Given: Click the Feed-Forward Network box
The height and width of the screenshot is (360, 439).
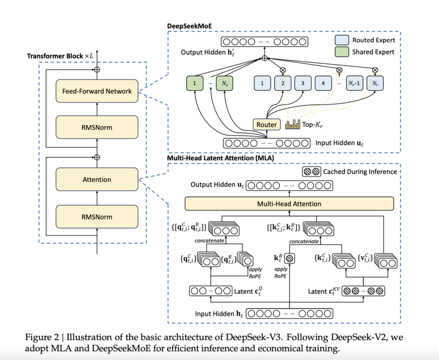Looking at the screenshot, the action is [97, 91].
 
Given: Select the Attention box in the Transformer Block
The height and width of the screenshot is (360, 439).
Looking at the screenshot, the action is [97, 180].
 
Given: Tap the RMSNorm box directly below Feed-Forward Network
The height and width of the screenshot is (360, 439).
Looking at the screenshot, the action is [97, 127].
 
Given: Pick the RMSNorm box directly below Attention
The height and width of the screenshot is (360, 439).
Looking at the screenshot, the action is [97, 217].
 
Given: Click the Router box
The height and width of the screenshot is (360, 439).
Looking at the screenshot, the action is [267, 125].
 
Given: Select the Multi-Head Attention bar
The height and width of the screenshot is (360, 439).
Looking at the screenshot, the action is [289, 204].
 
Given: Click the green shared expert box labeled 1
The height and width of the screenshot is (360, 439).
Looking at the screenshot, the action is [195, 83].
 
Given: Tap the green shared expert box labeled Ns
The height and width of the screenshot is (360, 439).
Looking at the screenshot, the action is [225, 83].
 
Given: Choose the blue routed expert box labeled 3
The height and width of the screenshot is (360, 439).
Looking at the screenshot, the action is [303, 83].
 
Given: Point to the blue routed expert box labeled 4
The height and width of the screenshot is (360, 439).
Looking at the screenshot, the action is [323, 83].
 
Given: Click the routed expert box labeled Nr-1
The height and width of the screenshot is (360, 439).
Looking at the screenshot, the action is [355, 83].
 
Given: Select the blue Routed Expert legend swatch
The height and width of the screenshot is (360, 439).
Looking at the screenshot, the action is [342, 40].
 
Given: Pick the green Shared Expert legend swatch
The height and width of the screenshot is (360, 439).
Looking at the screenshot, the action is [342, 52].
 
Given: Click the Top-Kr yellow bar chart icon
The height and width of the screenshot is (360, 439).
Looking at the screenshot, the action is [292, 124].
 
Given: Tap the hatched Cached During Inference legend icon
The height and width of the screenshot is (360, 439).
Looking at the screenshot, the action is [312, 171].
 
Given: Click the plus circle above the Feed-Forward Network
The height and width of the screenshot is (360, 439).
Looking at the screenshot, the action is [97, 69].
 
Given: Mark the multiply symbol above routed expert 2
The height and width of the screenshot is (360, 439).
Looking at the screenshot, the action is [283, 70].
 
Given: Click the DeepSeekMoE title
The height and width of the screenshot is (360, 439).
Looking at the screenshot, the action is [189, 26].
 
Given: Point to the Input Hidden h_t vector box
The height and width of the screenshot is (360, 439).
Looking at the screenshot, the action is [289, 314].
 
